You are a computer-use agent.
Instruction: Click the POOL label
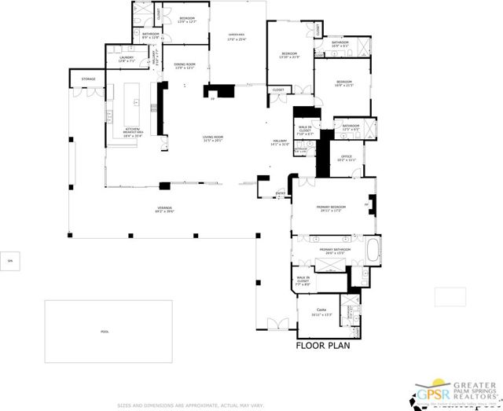[105, 332]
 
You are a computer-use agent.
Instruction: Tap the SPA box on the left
[10, 260]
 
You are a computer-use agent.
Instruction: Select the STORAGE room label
[87, 79]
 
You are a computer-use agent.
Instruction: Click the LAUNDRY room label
[126, 59]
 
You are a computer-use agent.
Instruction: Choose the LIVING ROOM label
[213, 138]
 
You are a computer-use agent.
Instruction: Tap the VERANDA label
[141, 209]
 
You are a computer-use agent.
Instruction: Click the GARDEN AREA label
[238, 36]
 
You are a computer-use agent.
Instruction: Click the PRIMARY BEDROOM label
[329, 209]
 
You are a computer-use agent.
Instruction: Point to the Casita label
[321, 312]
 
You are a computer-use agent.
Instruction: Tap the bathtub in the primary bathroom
[373, 253]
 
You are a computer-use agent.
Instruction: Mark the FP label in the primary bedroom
[366, 204]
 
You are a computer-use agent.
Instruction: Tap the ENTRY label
[281, 193]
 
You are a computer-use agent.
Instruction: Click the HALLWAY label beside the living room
[280, 143]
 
